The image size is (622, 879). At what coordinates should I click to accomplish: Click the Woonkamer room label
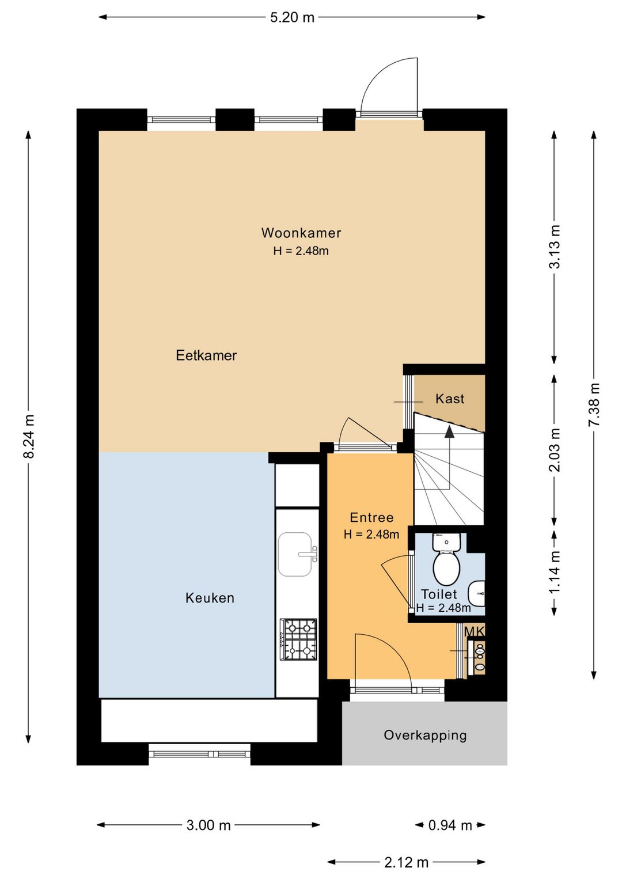[301, 233]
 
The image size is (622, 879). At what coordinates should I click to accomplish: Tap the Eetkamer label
[206, 355]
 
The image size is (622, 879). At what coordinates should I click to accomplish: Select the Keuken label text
[210, 598]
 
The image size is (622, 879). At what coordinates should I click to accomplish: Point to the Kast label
[450, 399]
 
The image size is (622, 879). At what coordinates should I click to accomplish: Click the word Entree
[371, 517]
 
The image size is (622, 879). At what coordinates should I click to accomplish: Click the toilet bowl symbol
[446, 558]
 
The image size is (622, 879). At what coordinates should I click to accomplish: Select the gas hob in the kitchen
[298, 640]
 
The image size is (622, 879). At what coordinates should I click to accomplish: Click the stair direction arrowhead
[449, 431]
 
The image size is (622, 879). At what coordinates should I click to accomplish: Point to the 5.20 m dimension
[293, 17]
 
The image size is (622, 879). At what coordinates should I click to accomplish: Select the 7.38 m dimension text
[595, 404]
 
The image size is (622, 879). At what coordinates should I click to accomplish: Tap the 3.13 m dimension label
[555, 246]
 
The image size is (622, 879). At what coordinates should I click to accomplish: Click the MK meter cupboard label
[475, 632]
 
